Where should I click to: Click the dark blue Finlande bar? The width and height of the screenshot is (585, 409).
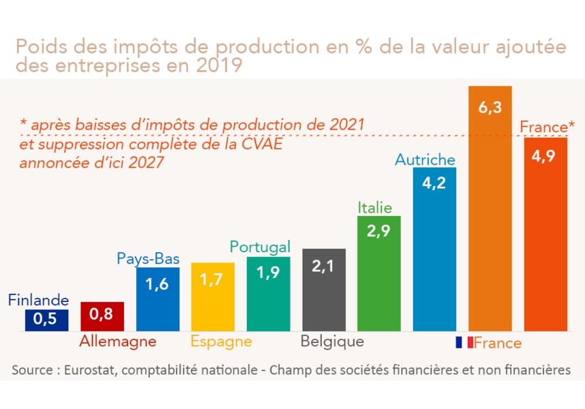point(46,320)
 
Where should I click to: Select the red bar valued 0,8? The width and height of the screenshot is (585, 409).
point(102,316)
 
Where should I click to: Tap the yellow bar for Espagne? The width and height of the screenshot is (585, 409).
point(213,297)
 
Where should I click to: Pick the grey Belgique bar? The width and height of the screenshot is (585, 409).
point(323,290)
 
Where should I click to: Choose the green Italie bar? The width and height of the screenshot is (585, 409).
point(379,273)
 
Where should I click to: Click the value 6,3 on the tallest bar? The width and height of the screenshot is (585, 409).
point(490,108)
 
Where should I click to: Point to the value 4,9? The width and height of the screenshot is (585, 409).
point(545,157)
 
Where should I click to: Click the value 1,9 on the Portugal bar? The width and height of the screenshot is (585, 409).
point(268,272)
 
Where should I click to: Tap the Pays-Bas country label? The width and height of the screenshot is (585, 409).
point(148,258)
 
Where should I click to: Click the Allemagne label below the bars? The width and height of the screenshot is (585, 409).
point(118,342)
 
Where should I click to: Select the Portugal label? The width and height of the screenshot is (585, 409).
point(260,246)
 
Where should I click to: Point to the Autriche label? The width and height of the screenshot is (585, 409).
point(425,160)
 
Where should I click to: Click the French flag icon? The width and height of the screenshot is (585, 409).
point(464,342)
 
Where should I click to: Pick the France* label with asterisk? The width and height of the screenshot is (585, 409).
point(547,127)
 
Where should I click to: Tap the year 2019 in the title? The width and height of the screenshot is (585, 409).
point(217,65)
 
